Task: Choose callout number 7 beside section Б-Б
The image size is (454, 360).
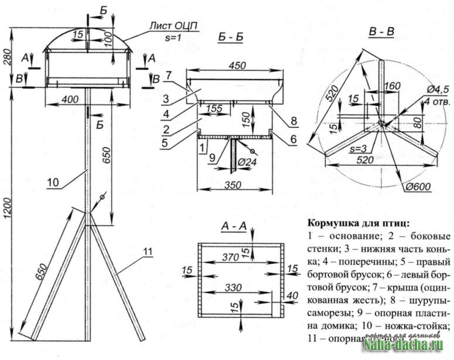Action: coord(168,74)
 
